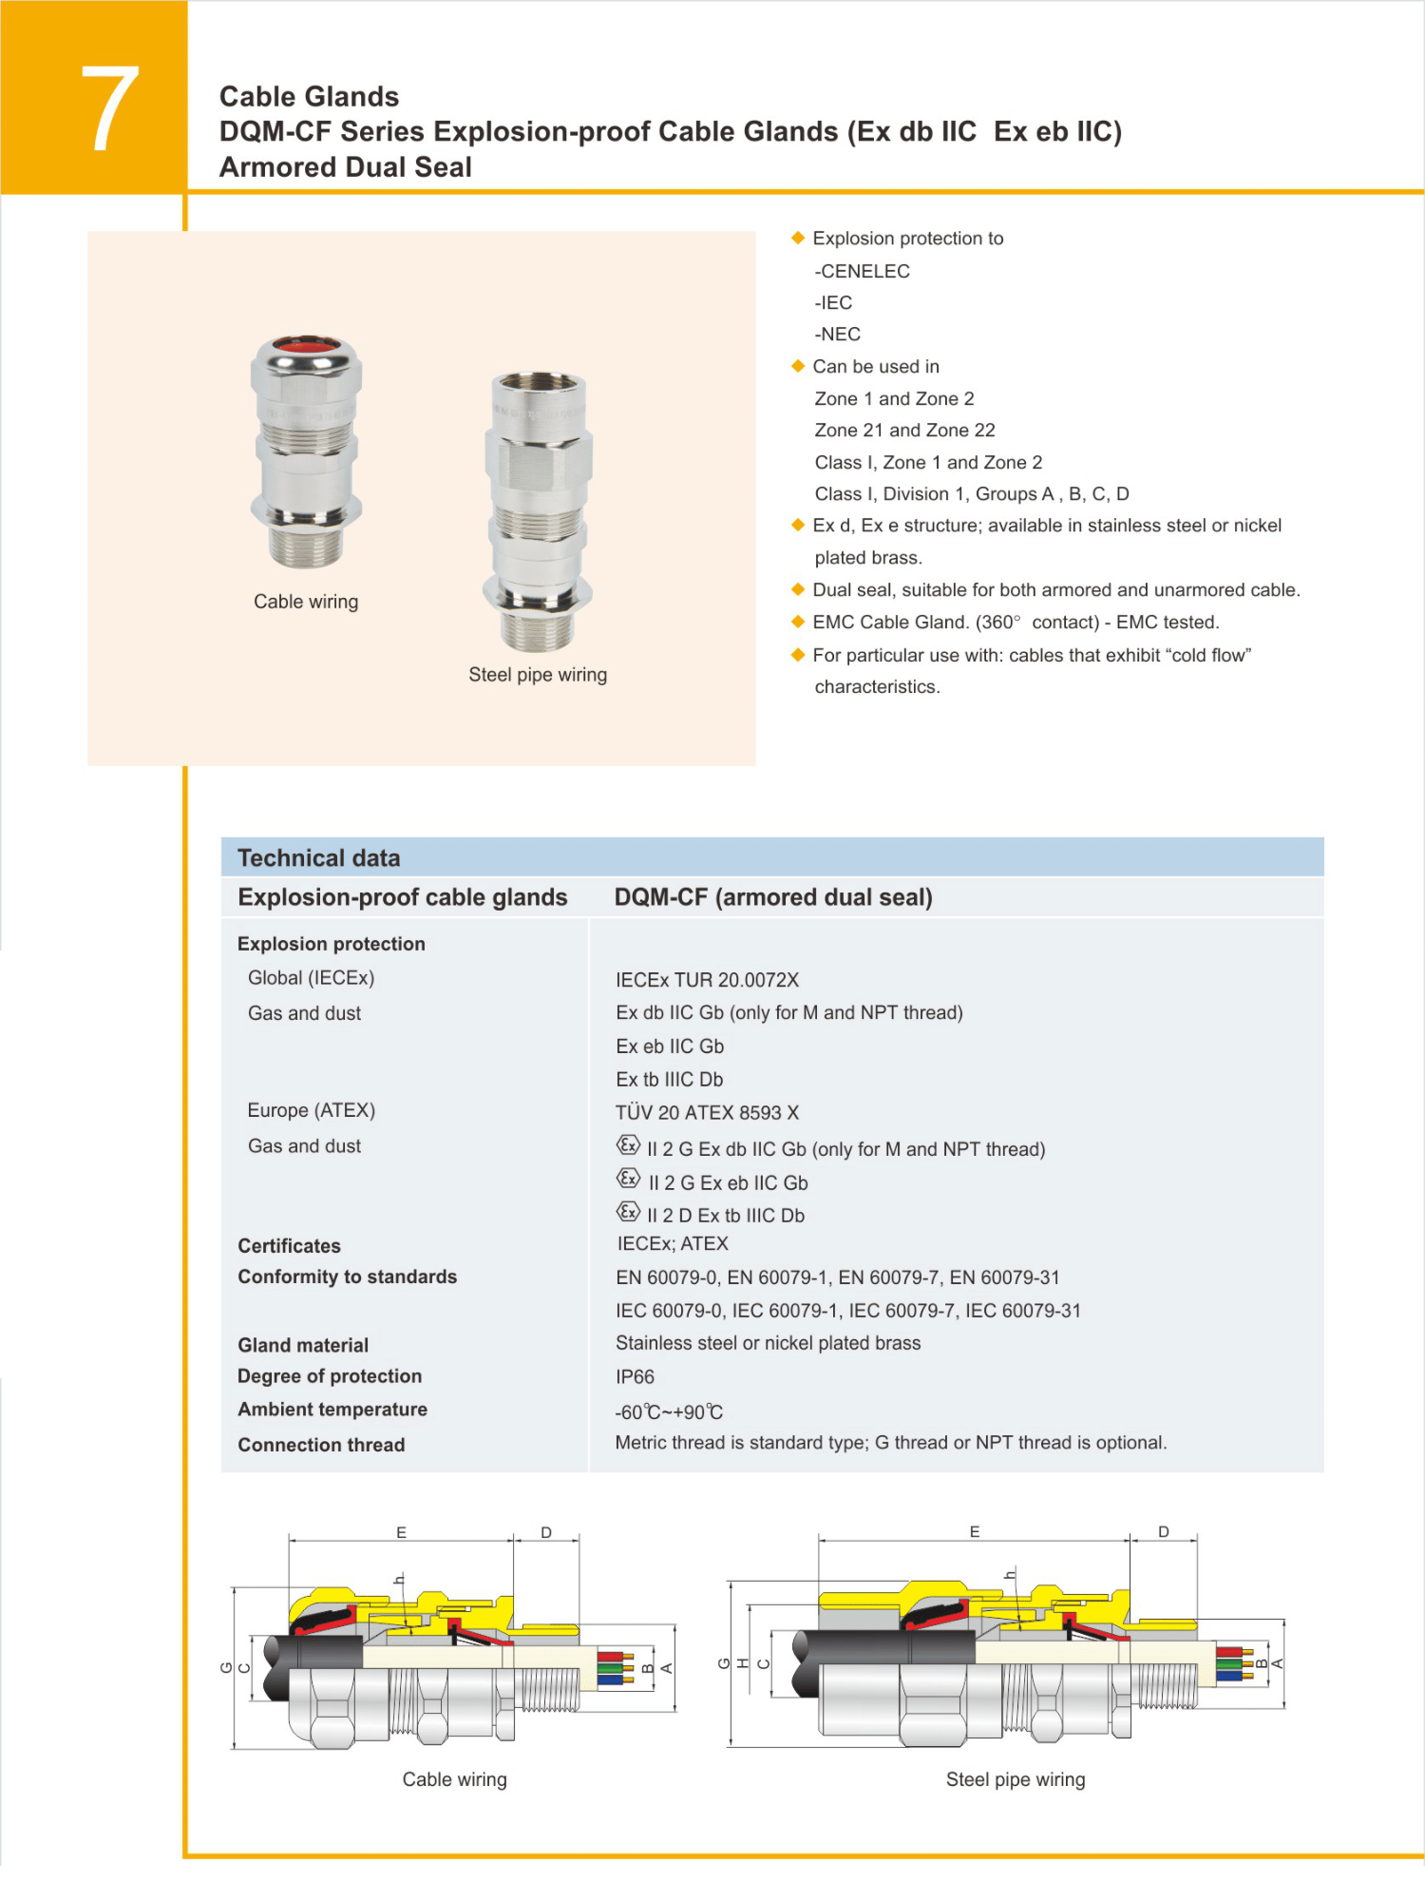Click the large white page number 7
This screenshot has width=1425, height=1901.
pos(109,108)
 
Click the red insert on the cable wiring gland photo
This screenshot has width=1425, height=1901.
pos(307,343)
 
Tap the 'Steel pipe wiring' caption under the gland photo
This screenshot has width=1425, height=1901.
pos(538,675)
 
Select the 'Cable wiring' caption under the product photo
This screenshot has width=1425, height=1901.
pos(306,602)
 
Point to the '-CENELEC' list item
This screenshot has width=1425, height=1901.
pos(862,271)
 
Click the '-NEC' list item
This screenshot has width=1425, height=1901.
pos(837,335)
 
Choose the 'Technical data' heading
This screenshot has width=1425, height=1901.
pos(318,858)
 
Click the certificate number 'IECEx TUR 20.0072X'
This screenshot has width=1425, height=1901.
pos(707,980)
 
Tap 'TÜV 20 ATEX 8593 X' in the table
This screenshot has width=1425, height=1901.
pos(707,1112)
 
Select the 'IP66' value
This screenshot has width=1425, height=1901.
pos(635,1376)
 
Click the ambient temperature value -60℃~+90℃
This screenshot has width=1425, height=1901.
pos(669,1412)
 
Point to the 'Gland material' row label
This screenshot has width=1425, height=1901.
pos(303,1345)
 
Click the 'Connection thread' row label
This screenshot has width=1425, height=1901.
pos(321,1445)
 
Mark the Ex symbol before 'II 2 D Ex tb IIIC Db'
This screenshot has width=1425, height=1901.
pos(628,1212)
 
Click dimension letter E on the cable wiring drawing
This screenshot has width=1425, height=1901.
pos(401,1532)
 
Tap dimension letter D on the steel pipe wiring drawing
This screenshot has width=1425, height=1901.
pos(1164,1531)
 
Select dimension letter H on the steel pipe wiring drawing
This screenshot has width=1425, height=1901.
pos(743,1663)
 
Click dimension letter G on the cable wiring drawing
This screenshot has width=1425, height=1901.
pos(226,1667)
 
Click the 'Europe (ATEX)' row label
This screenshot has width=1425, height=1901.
pos(311,1110)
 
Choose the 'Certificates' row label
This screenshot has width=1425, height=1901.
pos(289,1246)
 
